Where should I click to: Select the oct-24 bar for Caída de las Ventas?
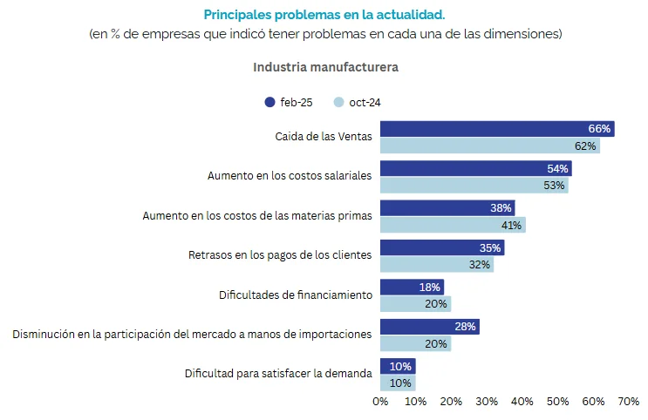pyautogui.click(x=489, y=146)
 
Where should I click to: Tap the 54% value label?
pyautogui.click(x=558, y=168)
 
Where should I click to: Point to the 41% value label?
pyautogui.click(x=512, y=225)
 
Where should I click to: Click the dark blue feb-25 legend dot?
pyautogui.click(x=269, y=102)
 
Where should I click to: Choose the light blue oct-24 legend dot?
pyautogui.click(x=339, y=102)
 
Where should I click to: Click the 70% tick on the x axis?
pyautogui.click(x=628, y=402)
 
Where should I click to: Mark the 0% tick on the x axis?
pyautogui.click(x=380, y=402)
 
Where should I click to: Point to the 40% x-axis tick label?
pyautogui.click(x=522, y=402)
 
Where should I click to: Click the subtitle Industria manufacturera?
pyautogui.click(x=325, y=67)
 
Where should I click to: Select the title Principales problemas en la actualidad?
pyautogui.click(x=324, y=15)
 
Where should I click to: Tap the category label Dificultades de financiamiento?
pyautogui.click(x=296, y=295)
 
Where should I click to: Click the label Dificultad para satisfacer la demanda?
pyautogui.click(x=278, y=373)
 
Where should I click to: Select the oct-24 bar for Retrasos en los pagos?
pyautogui.click(x=436, y=264)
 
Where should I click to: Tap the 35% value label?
pyautogui.click(x=490, y=247)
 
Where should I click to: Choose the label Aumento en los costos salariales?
pyautogui.click(x=290, y=175)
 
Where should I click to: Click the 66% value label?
pyautogui.click(x=599, y=129)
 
